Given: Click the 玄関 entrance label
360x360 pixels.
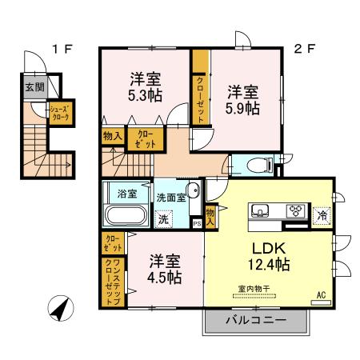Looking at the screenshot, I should pyautogui.click(x=34, y=88).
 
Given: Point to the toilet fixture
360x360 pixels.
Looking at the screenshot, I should pyautogui.click(x=258, y=166).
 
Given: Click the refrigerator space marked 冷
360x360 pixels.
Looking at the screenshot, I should pyautogui.click(x=321, y=214).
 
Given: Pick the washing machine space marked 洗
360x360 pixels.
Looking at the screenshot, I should pyautogui.click(x=163, y=218).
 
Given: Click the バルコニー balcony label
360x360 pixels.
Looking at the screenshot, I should pyautogui.click(x=255, y=322).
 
